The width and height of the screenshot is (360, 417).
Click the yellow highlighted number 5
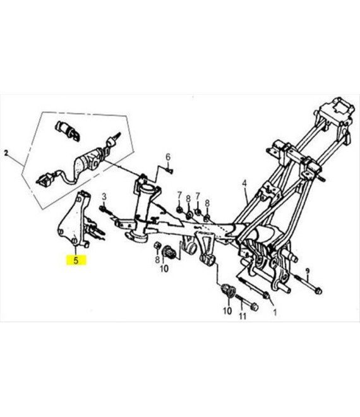76,260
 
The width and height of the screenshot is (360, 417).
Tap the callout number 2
6,153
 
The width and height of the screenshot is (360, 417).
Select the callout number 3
104,196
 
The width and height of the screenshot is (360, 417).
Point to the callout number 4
244,183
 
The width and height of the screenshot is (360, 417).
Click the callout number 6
168,157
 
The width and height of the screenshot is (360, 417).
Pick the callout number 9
308,271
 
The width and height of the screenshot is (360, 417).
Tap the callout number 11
243,316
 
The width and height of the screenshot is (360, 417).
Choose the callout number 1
275,312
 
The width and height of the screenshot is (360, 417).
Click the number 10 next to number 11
227,311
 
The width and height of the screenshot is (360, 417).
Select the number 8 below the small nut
157,259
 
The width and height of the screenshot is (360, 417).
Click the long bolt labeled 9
308,284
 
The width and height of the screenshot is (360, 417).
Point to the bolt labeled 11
247,302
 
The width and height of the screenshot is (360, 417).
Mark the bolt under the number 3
106,211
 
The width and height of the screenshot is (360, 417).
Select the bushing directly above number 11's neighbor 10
228,291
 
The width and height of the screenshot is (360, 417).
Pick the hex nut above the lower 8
157,246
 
